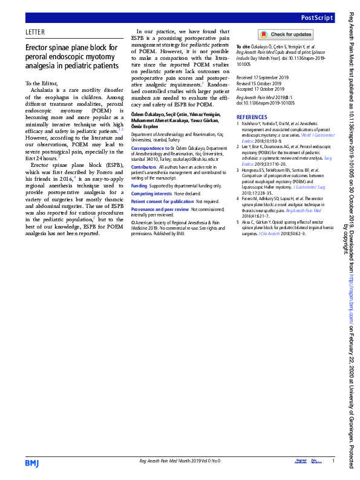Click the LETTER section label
point(36,32)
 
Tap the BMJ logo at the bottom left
point(31,463)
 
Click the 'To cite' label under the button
point(243,47)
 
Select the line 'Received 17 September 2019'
point(263,78)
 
